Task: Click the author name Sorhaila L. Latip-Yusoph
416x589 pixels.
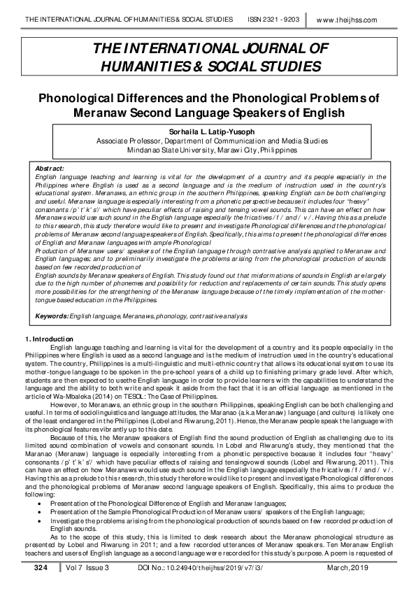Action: click(x=208, y=129)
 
